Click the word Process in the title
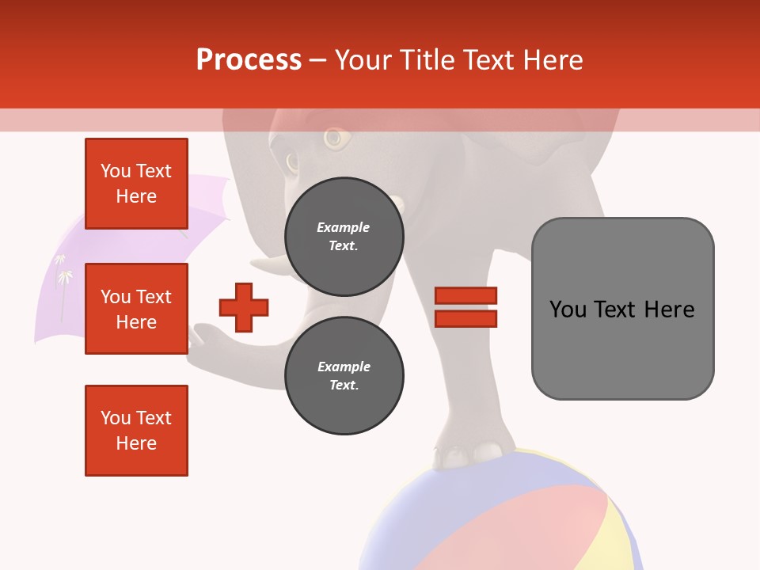[249, 60]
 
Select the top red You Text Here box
[136, 184]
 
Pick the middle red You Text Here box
[136, 309]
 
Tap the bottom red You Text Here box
[136, 431]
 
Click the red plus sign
[244, 307]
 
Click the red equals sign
[466, 307]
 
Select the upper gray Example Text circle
[344, 236]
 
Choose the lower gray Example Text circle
[344, 375]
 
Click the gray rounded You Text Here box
[622, 309]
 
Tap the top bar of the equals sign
[466, 296]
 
